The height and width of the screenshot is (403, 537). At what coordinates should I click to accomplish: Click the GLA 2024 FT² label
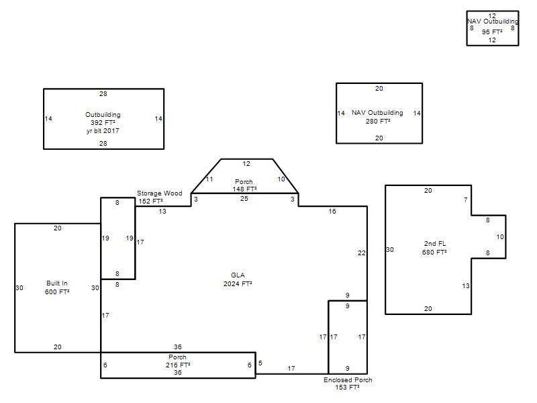coord(238,279)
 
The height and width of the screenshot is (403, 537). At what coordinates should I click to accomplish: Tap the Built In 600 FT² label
coord(57,287)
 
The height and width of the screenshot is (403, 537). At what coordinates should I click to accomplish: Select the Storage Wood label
coord(160,193)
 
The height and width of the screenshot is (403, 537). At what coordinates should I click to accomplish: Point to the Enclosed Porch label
coord(348,379)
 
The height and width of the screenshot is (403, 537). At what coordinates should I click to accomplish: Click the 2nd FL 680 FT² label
coord(434,248)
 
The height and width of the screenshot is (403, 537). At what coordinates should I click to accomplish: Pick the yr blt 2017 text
coord(103,130)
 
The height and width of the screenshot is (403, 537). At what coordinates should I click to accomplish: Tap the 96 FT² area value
coord(492,32)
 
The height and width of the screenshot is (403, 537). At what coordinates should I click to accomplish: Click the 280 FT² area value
coord(378,122)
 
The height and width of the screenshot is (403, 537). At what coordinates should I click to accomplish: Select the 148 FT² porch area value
coord(244,189)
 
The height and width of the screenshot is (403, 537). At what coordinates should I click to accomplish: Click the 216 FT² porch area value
coord(178,365)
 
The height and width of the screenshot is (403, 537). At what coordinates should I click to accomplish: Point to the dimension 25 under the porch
coord(244,199)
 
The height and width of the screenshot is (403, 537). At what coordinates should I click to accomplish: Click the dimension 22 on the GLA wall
coord(362,253)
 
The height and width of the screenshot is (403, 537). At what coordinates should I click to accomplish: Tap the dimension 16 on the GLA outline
coord(332,212)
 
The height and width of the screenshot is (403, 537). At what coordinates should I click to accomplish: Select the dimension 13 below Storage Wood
coord(162,212)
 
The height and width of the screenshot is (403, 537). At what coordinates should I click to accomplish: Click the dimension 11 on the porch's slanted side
coord(209,179)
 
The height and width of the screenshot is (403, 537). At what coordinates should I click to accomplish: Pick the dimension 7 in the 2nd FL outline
coord(465,199)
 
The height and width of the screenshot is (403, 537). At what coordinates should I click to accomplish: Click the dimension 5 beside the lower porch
coord(260,363)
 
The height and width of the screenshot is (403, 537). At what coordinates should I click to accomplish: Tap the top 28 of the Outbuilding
coord(103,94)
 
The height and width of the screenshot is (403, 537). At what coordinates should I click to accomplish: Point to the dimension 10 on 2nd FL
coord(500,237)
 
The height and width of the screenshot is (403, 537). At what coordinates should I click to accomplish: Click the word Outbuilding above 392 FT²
coord(103,115)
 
